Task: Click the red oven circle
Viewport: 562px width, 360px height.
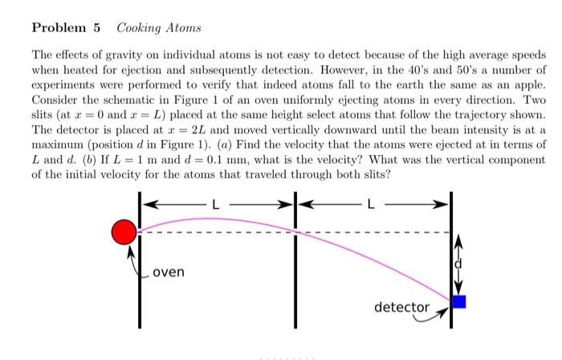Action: [124, 232]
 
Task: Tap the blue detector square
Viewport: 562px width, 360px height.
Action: [459, 302]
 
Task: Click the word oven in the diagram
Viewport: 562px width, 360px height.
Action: [168, 272]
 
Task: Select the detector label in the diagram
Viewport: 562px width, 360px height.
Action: [401, 307]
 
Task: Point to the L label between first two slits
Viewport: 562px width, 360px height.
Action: [214, 203]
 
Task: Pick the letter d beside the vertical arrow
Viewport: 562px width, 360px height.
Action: [460, 263]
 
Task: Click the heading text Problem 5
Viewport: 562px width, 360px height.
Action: [66, 28]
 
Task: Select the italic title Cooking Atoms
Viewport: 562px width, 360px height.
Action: [159, 28]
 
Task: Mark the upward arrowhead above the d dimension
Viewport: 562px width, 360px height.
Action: [460, 239]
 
